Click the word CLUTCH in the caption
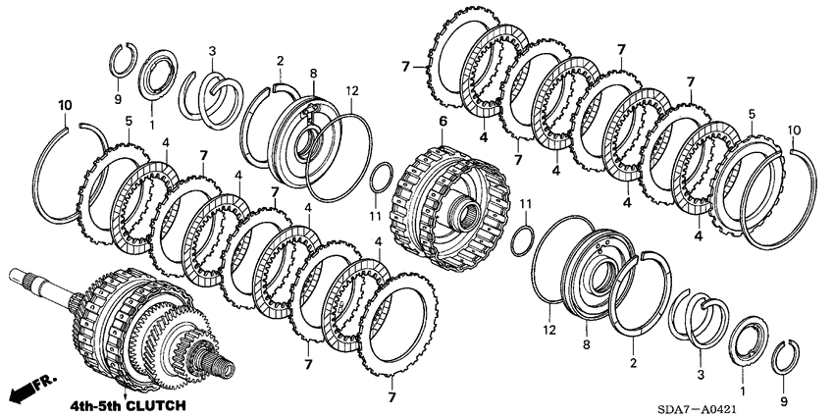click(152, 403)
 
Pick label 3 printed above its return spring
click(212, 51)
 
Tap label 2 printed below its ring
click(634, 362)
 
